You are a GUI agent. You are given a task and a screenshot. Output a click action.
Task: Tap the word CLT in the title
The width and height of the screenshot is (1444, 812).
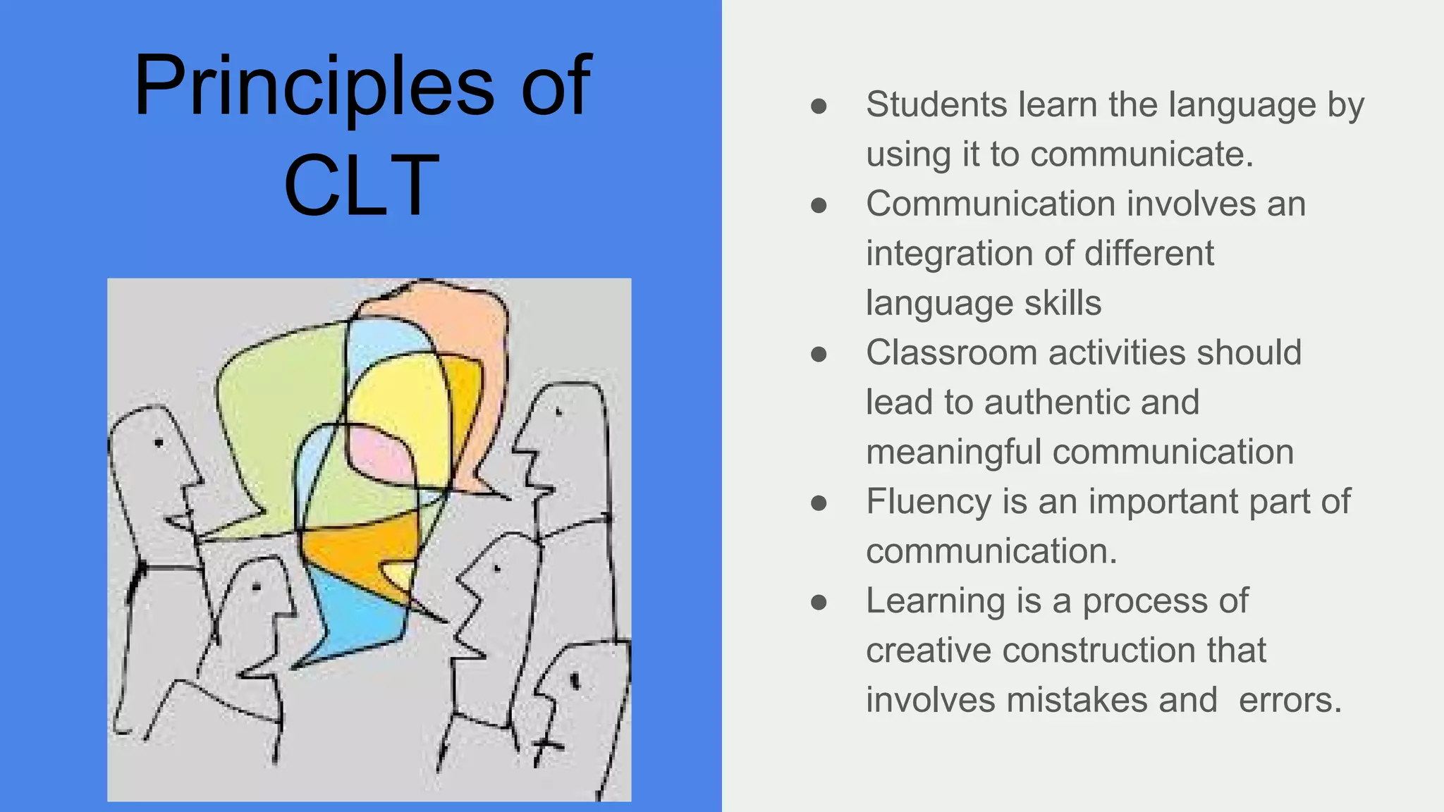click(x=361, y=185)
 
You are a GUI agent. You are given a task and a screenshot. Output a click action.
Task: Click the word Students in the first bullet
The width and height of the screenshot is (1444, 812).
click(x=936, y=105)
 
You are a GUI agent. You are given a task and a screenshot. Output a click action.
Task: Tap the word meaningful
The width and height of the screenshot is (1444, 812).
click(x=953, y=452)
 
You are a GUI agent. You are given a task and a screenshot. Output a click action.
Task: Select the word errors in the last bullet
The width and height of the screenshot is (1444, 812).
click(x=1290, y=700)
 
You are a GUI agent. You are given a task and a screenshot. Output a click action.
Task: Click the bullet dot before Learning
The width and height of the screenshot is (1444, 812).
click(x=819, y=602)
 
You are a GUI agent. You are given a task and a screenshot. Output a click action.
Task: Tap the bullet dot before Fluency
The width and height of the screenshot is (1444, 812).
click(x=819, y=503)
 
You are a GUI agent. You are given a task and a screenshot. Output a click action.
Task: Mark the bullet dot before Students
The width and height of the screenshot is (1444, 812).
click(x=819, y=106)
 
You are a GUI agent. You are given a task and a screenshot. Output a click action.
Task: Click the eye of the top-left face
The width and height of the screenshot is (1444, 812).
click(x=159, y=443)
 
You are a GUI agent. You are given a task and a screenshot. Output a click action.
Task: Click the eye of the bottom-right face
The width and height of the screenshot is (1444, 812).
click(x=574, y=681)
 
